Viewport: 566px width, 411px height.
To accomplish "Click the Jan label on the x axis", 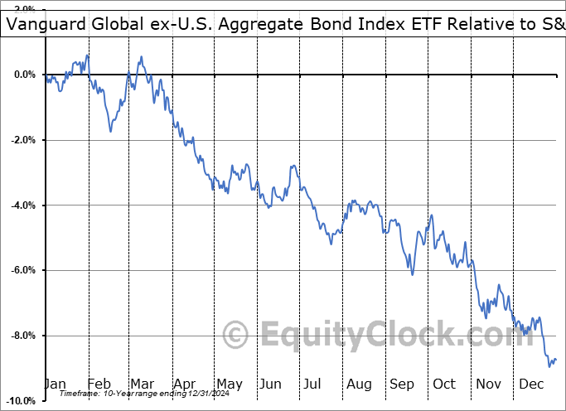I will [55, 384].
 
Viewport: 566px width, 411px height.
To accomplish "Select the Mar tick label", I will [141, 384].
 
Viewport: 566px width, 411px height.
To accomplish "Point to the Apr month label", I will [184, 384].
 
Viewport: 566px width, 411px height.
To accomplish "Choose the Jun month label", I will [271, 384].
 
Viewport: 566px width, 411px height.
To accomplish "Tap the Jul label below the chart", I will [312, 384].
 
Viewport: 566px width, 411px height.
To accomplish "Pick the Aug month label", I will [358, 384].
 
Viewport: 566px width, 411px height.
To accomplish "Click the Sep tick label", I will [401, 384].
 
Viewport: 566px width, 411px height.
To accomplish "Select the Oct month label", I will [444, 384].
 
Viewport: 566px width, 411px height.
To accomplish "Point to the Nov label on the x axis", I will [487, 384].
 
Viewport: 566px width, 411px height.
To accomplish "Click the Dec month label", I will [530, 384].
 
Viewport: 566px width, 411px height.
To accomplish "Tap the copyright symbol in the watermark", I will [236, 336].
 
